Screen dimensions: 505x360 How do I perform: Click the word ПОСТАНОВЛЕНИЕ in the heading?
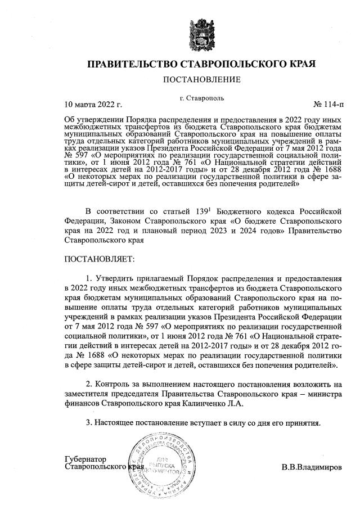pyautogui.click(x=201, y=79)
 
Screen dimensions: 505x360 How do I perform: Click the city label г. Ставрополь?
pyautogui.click(x=202, y=98)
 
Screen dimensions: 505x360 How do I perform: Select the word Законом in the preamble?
pyautogui.click(x=119, y=221)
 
